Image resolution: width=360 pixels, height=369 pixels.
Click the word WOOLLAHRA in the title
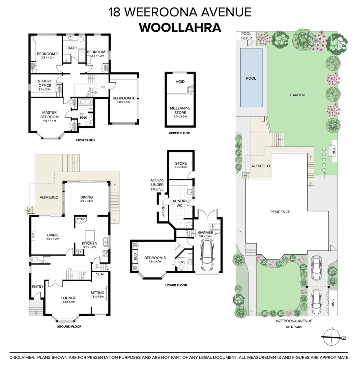point(180,27)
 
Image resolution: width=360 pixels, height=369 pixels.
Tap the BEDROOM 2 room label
point(48,54)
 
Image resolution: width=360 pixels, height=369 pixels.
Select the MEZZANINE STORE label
point(180,110)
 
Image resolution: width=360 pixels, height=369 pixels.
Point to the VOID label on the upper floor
point(180,82)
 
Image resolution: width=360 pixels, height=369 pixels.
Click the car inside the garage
point(208,255)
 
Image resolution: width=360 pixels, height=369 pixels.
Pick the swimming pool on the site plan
point(251,78)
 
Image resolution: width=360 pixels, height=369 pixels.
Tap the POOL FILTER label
point(246,36)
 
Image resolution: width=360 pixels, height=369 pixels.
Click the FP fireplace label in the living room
point(33,235)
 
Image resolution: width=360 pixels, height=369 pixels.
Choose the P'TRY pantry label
point(80,219)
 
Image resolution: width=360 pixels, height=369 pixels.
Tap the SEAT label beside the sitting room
point(100,274)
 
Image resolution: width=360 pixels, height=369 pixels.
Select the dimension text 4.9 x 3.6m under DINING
point(86,201)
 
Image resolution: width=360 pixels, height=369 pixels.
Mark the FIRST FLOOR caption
point(85,140)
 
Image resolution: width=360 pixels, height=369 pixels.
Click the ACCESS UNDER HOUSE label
point(157,185)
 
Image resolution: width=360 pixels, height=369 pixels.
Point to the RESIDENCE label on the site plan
point(280,212)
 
